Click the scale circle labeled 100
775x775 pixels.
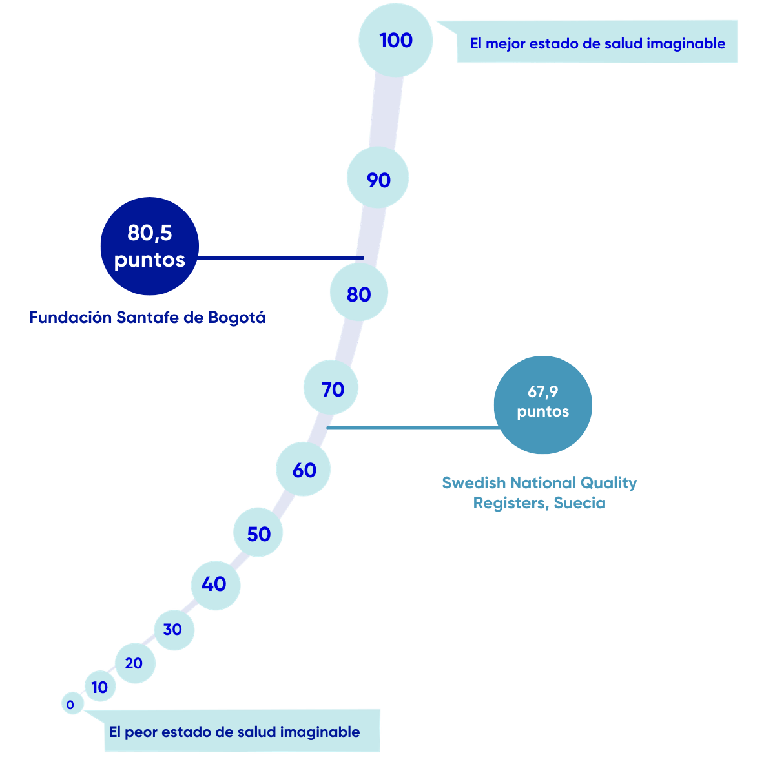click(395, 40)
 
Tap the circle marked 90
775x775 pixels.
click(378, 180)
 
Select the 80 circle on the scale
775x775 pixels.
click(358, 294)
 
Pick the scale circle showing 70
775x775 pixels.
click(332, 389)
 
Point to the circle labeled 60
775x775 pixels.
click(304, 470)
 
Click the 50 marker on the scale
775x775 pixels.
click(258, 533)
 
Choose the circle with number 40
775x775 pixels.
click(215, 584)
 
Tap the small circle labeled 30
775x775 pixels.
click(173, 629)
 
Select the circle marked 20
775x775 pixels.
click(134, 663)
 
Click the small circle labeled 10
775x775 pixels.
click(100, 687)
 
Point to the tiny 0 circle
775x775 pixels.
click(71, 705)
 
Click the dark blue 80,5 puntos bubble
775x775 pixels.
click(149, 246)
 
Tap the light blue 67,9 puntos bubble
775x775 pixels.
click(542, 405)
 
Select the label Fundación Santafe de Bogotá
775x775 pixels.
click(147, 318)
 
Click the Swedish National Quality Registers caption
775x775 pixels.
click(539, 493)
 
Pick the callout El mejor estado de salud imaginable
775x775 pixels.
click(597, 43)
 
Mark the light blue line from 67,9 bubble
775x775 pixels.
click(413, 428)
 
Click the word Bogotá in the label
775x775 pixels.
click(238, 318)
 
